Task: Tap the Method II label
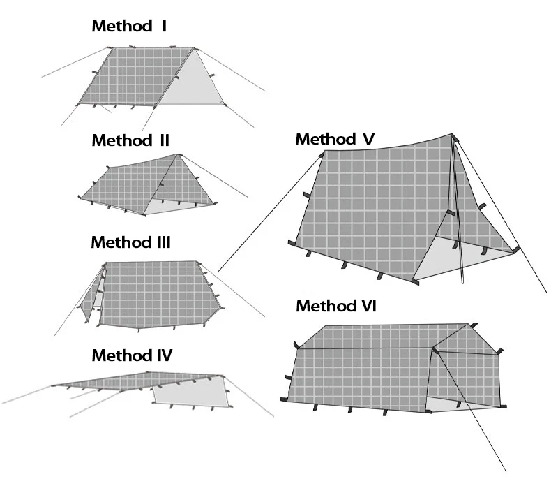(x=130, y=140)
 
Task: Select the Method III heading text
(x=130, y=243)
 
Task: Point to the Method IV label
(x=132, y=355)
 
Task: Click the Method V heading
(x=335, y=139)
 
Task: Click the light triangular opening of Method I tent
(x=191, y=83)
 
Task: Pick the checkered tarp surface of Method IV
(x=139, y=383)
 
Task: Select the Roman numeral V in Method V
(x=368, y=139)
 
